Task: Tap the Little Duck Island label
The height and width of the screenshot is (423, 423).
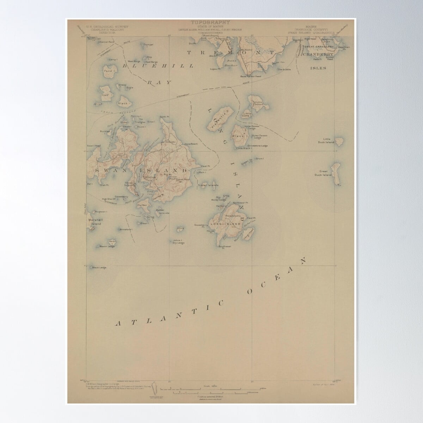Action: (327, 141)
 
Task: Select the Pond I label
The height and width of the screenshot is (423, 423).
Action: (108, 71)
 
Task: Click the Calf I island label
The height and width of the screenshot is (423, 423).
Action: (105, 95)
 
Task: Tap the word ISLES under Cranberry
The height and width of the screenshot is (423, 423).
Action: (318, 68)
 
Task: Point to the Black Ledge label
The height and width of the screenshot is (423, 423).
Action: (99, 268)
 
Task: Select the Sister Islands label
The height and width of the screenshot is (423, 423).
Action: (208, 185)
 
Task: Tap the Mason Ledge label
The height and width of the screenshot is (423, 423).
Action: (107, 246)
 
